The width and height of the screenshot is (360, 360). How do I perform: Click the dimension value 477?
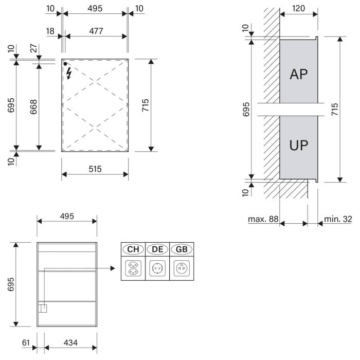(95, 31)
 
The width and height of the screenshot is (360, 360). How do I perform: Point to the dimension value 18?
(50, 31)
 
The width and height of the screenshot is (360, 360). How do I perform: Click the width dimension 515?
(95, 168)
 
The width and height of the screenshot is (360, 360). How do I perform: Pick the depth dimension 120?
(298, 8)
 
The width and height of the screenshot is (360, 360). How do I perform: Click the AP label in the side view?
(298, 74)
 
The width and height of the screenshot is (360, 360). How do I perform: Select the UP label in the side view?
(298, 145)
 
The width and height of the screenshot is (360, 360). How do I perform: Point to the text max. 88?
(263, 219)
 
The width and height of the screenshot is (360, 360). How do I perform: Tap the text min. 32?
(338, 219)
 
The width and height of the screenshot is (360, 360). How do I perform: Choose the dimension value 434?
(70, 343)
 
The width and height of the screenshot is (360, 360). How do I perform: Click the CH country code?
(133, 249)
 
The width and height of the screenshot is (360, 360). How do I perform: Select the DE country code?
(157, 249)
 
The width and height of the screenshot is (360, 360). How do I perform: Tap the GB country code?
(182, 249)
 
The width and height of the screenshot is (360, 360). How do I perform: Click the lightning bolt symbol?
(69, 74)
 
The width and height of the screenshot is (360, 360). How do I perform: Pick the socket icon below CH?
(133, 268)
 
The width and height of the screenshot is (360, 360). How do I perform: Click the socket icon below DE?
(157, 268)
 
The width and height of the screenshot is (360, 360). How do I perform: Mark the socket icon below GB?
(182, 268)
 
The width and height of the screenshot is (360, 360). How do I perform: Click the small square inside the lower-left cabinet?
(44, 309)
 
